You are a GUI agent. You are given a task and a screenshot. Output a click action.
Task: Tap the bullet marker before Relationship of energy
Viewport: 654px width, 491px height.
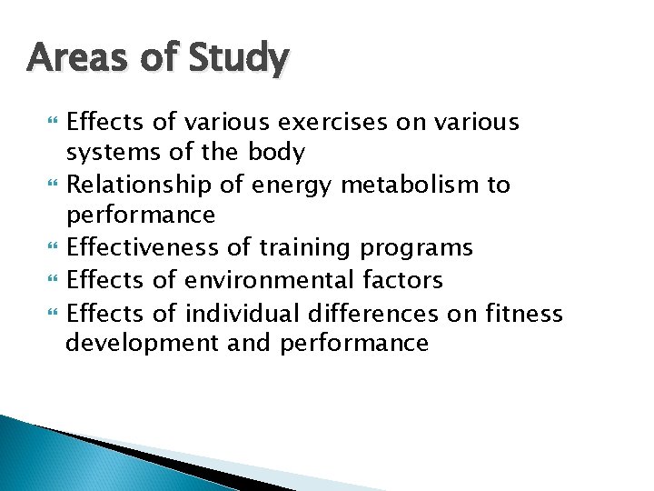click(x=50, y=185)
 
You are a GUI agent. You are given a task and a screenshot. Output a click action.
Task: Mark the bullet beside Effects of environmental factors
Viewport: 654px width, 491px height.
click(x=50, y=280)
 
